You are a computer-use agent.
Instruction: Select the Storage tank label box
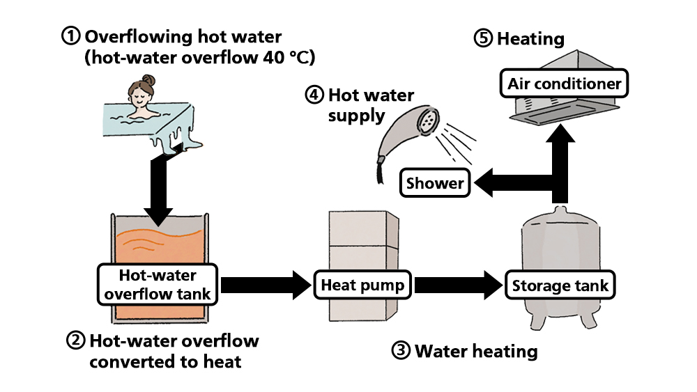[560, 285]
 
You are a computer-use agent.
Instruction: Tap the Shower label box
[434, 184]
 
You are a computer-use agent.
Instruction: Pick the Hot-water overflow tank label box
[155, 284]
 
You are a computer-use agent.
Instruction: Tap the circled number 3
[401, 351]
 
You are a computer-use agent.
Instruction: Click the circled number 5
[483, 38]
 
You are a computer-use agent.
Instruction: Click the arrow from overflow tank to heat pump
[265, 285]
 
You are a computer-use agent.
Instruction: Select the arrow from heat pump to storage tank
[457, 285]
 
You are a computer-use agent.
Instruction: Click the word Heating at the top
[530, 38]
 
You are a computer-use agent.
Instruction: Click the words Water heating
[476, 351]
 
